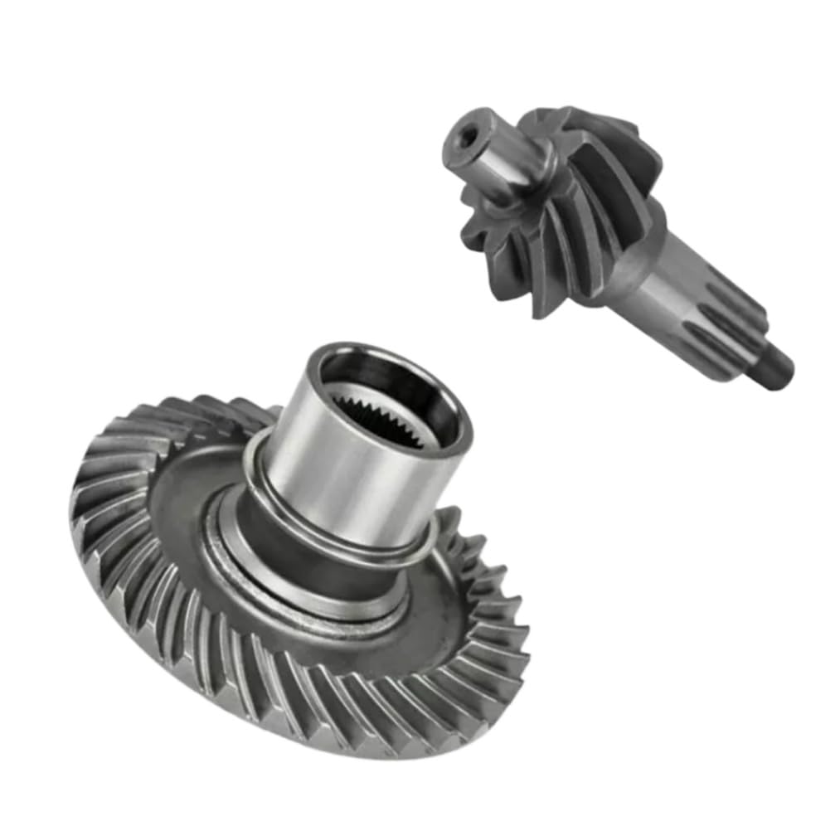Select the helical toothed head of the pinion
tap(572, 207)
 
